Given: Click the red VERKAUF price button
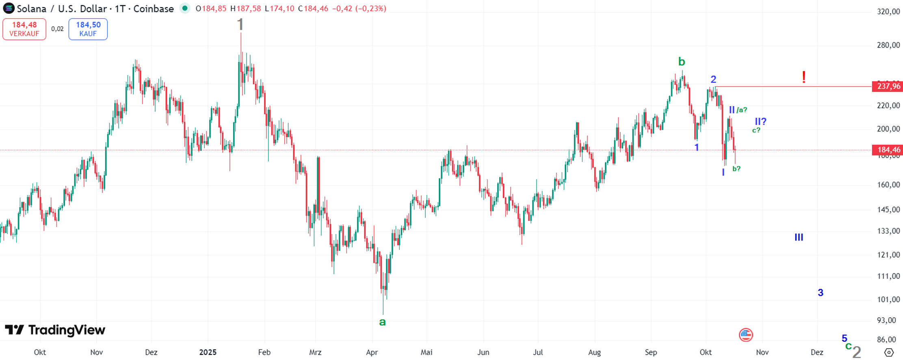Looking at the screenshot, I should (x=24, y=29).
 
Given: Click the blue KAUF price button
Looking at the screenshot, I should (x=88, y=29).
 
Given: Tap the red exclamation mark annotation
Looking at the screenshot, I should (x=803, y=77).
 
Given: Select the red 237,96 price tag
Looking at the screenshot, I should (x=888, y=87).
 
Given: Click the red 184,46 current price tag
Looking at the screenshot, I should (x=888, y=150).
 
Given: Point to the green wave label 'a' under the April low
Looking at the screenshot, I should (x=382, y=322).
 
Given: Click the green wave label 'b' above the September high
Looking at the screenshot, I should (x=682, y=62).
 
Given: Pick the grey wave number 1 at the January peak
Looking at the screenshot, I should (x=240, y=25).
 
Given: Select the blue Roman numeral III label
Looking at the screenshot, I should (x=799, y=237).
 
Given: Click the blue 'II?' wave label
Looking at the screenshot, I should (x=760, y=121).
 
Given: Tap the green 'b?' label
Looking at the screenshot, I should (x=736, y=169).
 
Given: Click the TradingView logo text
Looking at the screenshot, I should (x=55, y=330).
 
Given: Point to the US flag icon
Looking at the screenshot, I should (x=746, y=335).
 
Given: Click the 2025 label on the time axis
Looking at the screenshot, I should (x=208, y=352).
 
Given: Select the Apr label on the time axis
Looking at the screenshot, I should (x=372, y=352).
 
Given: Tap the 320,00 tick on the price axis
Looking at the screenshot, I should (x=888, y=12).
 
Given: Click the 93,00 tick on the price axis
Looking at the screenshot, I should (x=888, y=320).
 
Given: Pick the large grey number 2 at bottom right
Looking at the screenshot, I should (x=857, y=352).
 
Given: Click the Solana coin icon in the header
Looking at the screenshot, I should (x=9, y=8).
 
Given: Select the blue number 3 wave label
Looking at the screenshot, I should (x=821, y=293).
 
